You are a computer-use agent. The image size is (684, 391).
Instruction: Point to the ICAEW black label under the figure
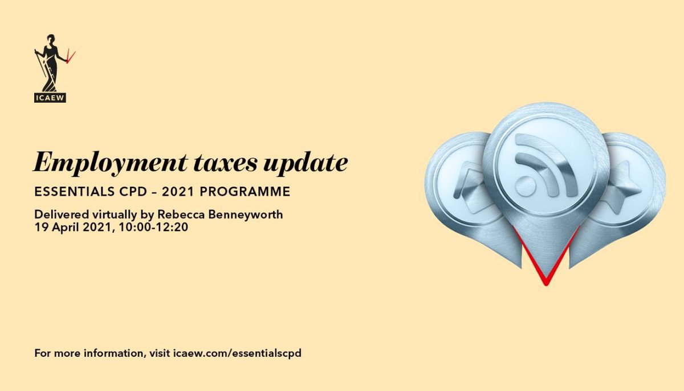click(50, 98)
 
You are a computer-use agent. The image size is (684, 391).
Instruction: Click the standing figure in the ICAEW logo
click(49, 63)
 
